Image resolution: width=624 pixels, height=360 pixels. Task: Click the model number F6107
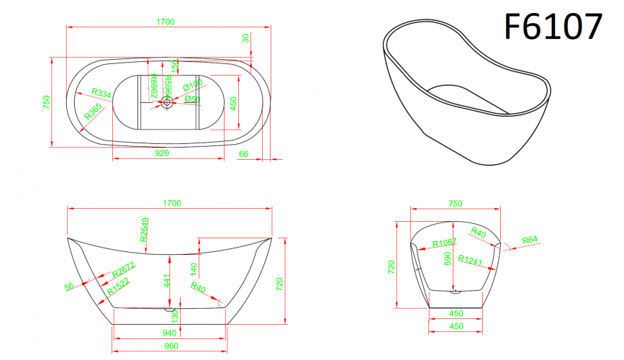point(552,27)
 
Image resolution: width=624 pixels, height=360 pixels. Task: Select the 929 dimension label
point(162,153)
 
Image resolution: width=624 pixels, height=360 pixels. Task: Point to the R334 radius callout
point(101,93)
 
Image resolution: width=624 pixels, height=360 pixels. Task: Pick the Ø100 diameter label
point(192,86)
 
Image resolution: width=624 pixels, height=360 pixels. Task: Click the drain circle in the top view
point(167,102)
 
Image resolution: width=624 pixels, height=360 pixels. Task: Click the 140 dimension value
point(193,269)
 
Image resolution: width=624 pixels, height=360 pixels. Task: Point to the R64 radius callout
point(529,239)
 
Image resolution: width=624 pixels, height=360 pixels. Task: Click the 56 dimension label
point(70,287)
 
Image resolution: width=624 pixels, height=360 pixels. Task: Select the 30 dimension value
point(246,38)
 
